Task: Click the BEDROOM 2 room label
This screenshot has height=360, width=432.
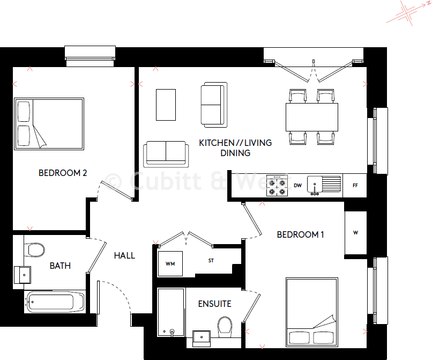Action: pyautogui.click(x=63, y=173)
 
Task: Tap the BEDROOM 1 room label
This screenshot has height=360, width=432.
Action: pyautogui.click(x=301, y=234)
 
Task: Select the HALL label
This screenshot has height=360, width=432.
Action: pyautogui.click(x=124, y=256)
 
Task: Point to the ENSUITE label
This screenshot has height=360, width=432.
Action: pyautogui.click(x=214, y=304)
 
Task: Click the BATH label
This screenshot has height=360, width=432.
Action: pyautogui.click(x=60, y=266)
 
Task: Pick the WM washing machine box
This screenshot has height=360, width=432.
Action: pyautogui.click(x=170, y=263)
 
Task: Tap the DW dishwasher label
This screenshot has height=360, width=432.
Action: pyautogui.click(x=297, y=186)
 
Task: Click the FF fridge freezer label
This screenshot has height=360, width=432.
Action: pyautogui.click(x=355, y=186)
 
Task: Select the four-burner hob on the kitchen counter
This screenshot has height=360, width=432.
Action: pyautogui.click(x=278, y=186)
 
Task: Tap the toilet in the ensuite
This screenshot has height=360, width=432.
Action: pyautogui.click(x=225, y=325)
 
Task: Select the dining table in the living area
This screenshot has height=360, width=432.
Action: pyautogui.click(x=312, y=117)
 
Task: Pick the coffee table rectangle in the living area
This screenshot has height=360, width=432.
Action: pyautogui.click(x=166, y=105)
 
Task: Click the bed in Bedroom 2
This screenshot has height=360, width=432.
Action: pyautogui.click(x=49, y=123)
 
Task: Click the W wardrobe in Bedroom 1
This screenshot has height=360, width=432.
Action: pyautogui.click(x=355, y=233)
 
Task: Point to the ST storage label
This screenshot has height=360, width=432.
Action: pyautogui.click(x=212, y=261)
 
